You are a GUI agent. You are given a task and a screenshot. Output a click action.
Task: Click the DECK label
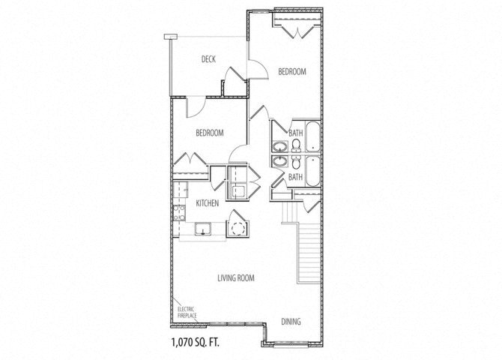(x=208, y=59)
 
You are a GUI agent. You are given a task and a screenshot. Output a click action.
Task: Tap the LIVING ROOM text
(x=236, y=278)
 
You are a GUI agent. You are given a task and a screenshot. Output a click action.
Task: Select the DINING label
(x=291, y=322)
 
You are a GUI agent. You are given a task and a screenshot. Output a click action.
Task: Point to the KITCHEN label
(x=208, y=203)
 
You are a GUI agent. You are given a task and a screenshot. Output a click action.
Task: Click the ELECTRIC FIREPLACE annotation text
(x=187, y=312)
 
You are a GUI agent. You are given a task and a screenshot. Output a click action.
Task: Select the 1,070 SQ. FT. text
(x=196, y=343)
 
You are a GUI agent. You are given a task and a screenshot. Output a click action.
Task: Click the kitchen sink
(x=202, y=229)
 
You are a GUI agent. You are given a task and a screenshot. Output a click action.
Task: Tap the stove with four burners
(x=179, y=213)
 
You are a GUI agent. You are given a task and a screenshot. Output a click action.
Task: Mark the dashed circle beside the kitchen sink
(x=238, y=229)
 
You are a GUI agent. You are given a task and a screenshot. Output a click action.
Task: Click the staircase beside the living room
(x=309, y=253)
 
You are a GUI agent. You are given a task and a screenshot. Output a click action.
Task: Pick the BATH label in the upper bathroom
(x=295, y=133)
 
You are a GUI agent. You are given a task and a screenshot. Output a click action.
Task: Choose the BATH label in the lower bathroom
(x=295, y=177)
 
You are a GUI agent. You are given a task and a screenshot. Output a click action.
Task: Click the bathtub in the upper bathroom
(x=312, y=137)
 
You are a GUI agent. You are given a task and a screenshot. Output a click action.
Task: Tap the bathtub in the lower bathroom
(x=312, y=171)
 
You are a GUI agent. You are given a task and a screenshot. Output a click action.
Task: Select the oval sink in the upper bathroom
(x=280, y=148)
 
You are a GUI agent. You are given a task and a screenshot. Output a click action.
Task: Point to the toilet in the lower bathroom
(x=296, y=163)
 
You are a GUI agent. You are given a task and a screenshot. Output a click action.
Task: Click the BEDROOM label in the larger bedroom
(x=292, y=72)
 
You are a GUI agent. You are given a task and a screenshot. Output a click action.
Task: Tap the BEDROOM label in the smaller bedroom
(x=210, y=133)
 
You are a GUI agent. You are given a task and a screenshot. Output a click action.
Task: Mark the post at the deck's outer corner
(x=171, y=37)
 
